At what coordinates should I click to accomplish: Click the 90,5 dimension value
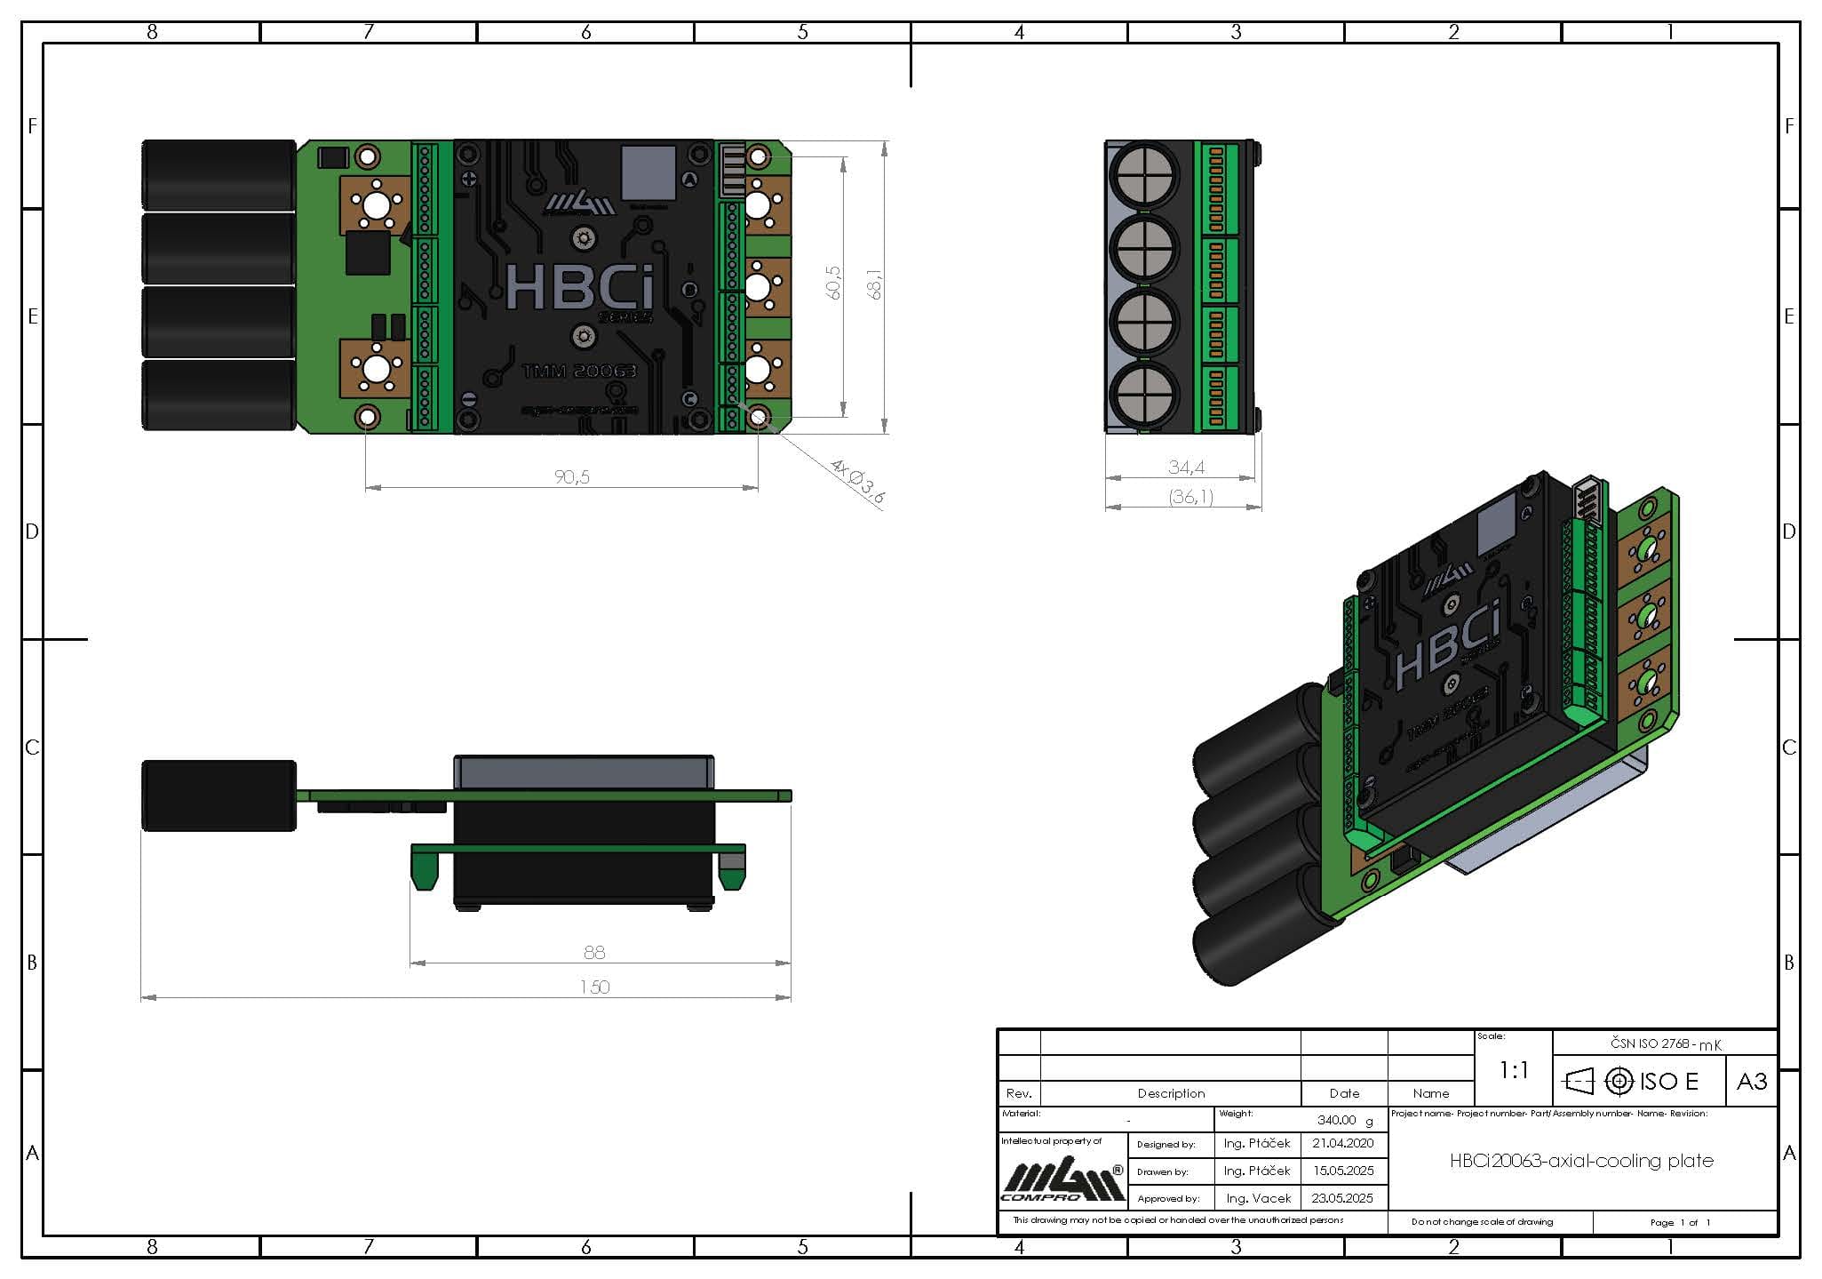click(x=571, y=477)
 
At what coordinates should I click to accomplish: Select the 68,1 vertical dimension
click(x=875, y=284)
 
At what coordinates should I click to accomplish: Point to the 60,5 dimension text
click(x=833, y=283)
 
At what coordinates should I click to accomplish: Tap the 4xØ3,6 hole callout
click(x=856, y=482)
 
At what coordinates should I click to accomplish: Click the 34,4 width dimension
click(x=1186, y=467)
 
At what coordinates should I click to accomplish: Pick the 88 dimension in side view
click(x=594, y=952)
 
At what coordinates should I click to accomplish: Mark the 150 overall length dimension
click(x=594, y=987)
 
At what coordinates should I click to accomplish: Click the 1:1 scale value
click(x=1513, y=1070)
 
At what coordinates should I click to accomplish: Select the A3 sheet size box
click(x=1751, y=1081)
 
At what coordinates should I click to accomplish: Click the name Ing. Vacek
click(x=1257, y=1198)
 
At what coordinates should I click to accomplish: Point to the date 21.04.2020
click(x=1342, y=1143)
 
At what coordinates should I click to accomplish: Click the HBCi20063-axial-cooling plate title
click(x=1581, y=1160)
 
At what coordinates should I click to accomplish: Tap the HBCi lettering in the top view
click(x=580, y=286)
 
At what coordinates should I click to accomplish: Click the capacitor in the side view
click(x=219, y=795)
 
